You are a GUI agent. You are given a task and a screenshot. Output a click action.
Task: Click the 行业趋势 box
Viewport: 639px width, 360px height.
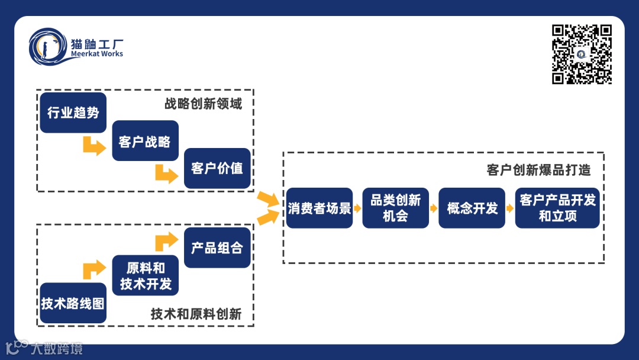[73, 112]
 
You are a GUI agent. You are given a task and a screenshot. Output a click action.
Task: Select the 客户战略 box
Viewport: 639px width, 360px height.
[145, 141]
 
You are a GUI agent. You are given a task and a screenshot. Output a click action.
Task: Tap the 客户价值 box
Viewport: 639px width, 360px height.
[217, 168]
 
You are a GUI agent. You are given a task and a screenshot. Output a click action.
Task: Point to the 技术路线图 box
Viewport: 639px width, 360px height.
[73, 303]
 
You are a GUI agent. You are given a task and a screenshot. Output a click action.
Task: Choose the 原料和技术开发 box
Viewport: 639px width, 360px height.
[145, 276]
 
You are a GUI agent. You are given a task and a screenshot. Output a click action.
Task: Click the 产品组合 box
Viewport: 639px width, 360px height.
[217, 247]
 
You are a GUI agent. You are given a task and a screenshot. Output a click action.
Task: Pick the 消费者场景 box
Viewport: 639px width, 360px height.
[319, 208]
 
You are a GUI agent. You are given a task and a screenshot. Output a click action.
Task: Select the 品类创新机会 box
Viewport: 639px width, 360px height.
[395, 208]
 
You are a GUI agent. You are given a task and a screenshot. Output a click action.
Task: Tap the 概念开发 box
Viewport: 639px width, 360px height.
[472, 208]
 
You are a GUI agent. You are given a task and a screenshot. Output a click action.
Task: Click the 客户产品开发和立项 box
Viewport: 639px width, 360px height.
[557, 208]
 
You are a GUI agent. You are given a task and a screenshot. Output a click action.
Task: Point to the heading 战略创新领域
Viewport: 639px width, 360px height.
[203, 104]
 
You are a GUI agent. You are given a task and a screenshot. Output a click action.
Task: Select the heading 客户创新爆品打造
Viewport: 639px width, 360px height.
[538, 171]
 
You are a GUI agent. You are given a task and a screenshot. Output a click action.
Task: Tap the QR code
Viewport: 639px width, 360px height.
[582, 54]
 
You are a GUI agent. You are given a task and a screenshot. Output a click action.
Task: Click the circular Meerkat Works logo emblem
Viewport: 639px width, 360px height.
[48, 47]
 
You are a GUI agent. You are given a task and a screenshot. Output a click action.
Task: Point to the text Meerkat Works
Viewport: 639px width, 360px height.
[96, 54]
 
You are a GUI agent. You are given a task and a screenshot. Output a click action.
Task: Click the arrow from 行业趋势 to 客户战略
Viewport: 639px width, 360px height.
[94, 146]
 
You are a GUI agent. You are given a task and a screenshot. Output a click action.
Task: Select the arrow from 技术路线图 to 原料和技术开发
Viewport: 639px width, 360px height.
[94, 269]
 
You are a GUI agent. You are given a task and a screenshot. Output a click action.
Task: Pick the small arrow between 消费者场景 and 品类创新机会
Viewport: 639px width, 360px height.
[357, 208]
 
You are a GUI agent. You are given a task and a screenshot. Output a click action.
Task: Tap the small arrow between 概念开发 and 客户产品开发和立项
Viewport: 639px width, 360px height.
[510, 208]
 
